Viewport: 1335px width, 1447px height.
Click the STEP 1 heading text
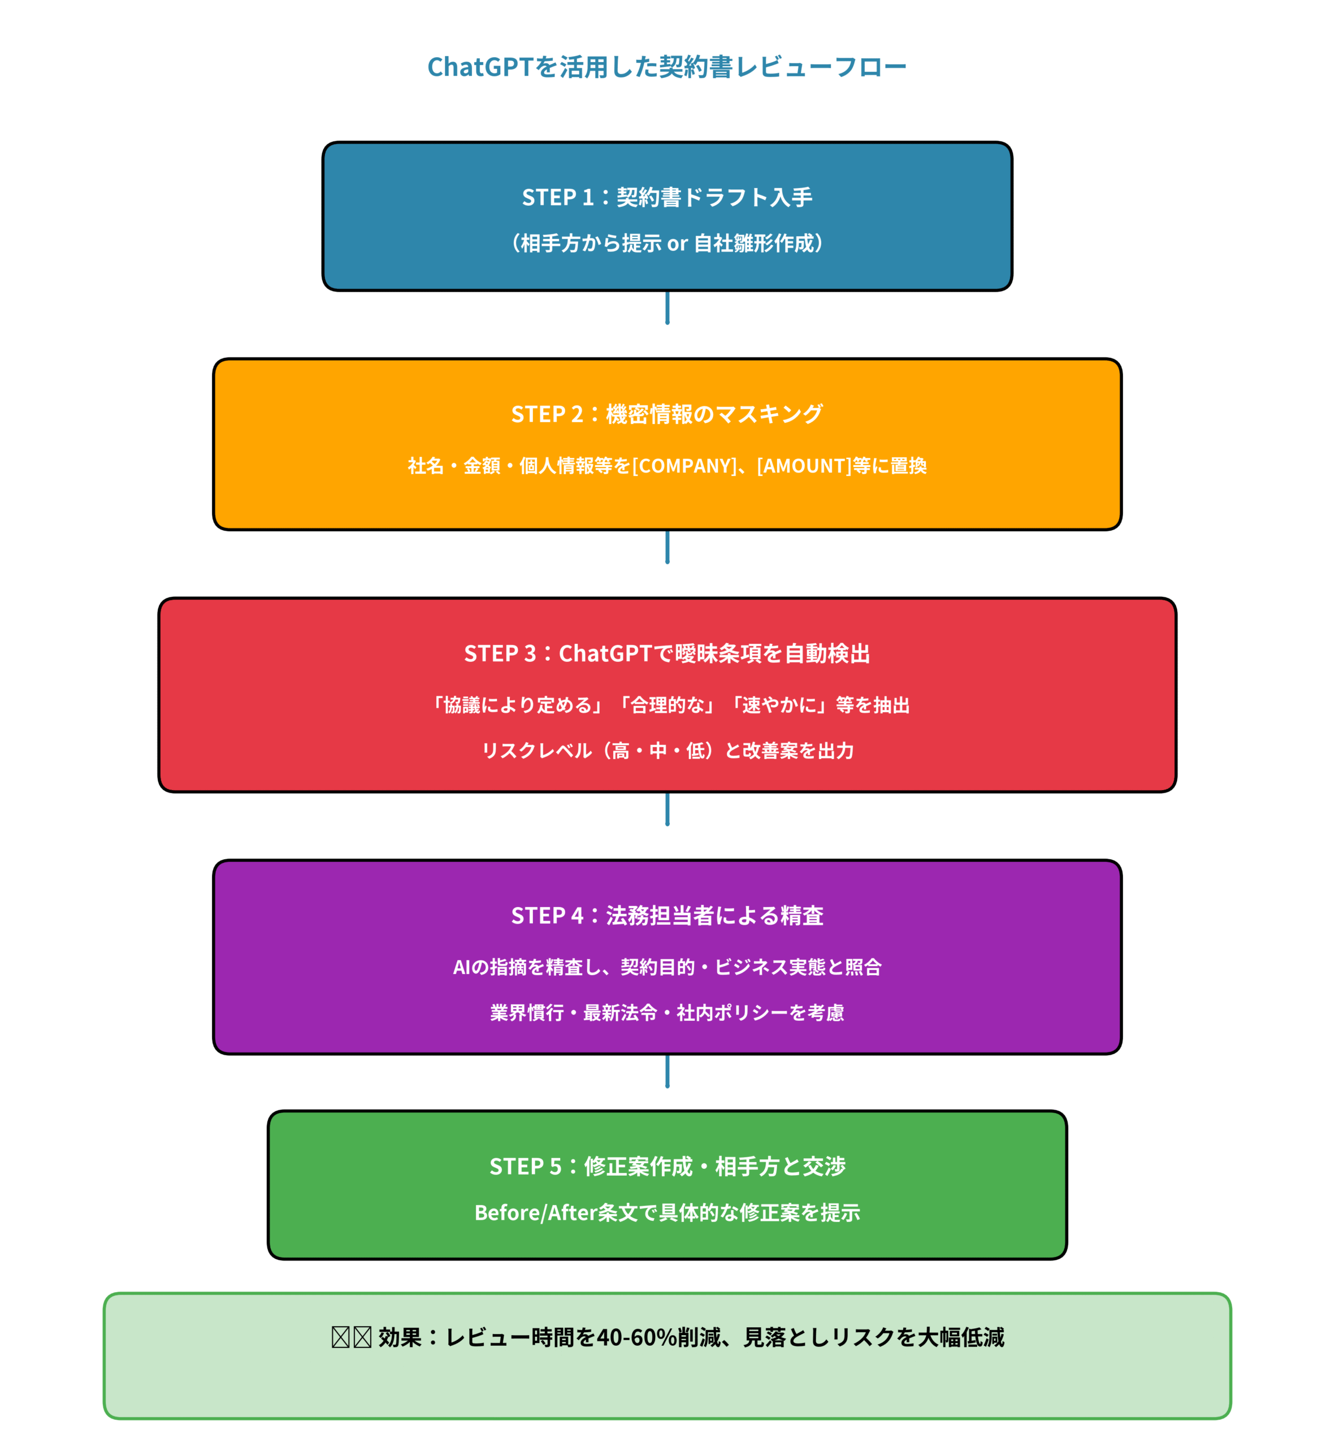coord(667,197)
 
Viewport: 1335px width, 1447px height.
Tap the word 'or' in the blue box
coord(677,244)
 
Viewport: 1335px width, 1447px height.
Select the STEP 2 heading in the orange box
coord(667,414)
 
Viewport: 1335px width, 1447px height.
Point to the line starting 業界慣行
coord(667,1013)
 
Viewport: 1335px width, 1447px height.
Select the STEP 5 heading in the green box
coord(667,1166)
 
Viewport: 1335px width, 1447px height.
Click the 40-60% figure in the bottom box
coord(636,1337)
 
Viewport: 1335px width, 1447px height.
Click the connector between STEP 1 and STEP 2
coord(667,307)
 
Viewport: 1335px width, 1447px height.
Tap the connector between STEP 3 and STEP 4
coord(667,809)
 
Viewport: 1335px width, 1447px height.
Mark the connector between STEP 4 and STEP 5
coord(667,1071)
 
